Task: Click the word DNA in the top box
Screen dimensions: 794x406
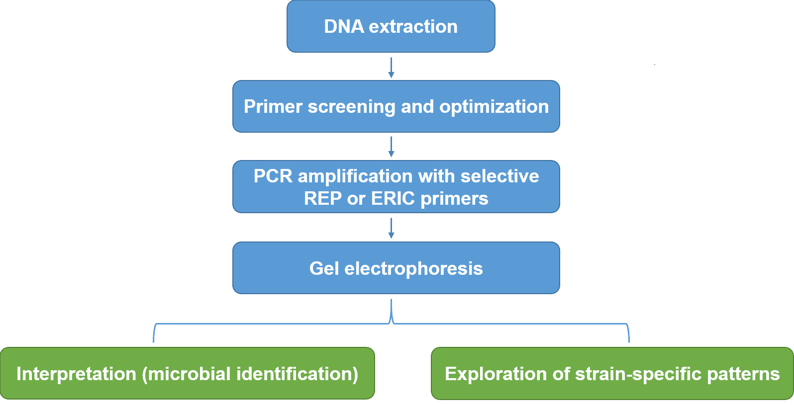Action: point(344,26)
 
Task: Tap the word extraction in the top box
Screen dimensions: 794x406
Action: point(413,26)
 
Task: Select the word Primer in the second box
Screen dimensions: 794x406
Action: point(273,107)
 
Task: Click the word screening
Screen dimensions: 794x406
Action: point(351,107)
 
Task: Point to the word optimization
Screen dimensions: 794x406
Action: point(494,107)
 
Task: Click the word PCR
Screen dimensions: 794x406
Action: point(273,176)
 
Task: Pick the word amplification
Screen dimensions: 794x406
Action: point(355,176)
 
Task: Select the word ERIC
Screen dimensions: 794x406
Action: point(393,198)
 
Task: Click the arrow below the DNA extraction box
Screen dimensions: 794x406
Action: point(392,68)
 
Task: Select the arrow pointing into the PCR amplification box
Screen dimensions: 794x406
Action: point(392,147)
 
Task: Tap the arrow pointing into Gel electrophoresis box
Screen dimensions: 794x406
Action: point(392,228)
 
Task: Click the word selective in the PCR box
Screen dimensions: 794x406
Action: point(499,176)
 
